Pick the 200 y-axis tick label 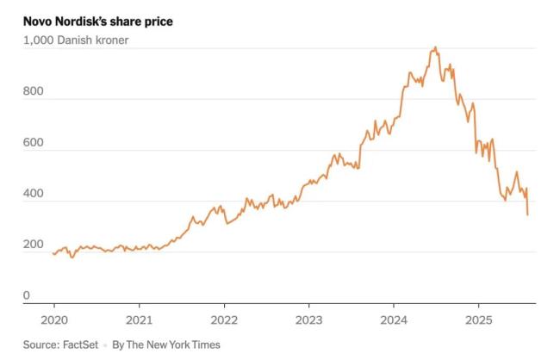pos(33,245)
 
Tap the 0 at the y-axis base pos(27,296)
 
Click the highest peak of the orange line pos(436,47)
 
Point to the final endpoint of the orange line pos(527,214)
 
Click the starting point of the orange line pos(53,253)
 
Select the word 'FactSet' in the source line pos(80,344)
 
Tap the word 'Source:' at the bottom pos(41,344)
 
